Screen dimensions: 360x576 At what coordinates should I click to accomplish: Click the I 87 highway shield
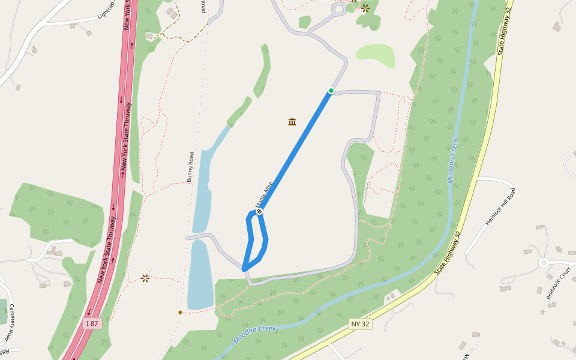coord(91,323)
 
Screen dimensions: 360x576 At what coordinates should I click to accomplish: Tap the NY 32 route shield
coord(360,324)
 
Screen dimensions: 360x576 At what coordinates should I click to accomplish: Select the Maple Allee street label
coord(265,194)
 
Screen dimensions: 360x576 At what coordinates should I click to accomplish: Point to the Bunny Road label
coord(191,167)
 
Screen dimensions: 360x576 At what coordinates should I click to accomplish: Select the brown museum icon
coord(292,122)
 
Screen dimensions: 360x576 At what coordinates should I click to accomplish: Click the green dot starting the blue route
coord(331,91)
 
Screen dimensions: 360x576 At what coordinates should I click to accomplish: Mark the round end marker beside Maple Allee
coord(259,211)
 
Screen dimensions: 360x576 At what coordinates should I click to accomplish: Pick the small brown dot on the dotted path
coord(180,312)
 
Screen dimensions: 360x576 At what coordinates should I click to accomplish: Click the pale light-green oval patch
coord(376,55)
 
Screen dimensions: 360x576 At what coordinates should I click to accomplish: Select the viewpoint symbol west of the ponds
coord(145,278)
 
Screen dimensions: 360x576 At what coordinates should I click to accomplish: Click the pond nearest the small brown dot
coord(200,276)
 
